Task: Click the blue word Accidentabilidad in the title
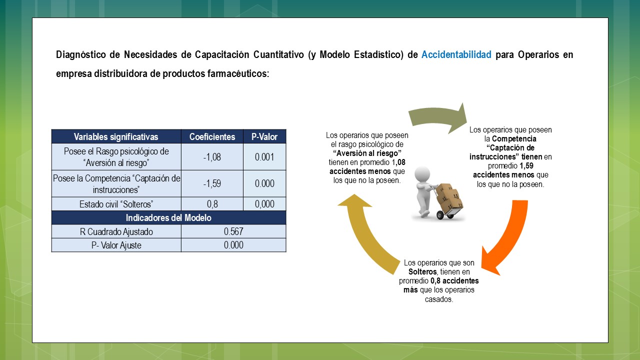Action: click(456, 54)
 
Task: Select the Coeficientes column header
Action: click(212, 136)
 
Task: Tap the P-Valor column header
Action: click(264, 136)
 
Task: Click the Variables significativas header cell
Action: click(116, 136)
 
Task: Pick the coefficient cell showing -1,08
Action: click(212, 157)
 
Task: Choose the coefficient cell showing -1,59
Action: click(212, 183)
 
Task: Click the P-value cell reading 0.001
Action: click(264, 157)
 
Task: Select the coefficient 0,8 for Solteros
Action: click(212, 204)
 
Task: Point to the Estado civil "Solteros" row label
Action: click(116, 204)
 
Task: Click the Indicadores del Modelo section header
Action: click(168, 217)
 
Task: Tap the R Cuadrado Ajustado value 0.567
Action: click(233, 231)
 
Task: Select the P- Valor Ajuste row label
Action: click(116, 245)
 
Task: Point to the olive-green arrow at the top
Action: click(437, 115)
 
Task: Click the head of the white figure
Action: click(422, 175)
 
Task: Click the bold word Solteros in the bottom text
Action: click(422, 271)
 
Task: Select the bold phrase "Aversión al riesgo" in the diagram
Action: click(367, 153)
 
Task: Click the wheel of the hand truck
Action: click(440, 215)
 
